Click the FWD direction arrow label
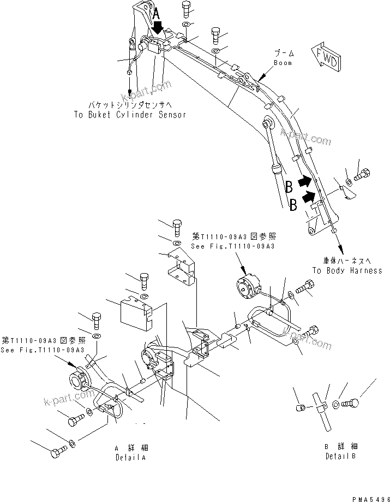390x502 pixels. (x=326, y=56)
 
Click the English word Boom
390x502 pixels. (x=283, y=63)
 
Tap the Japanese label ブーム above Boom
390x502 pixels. (x=284, y=54)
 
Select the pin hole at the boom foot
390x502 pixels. (x=311, y=232)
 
